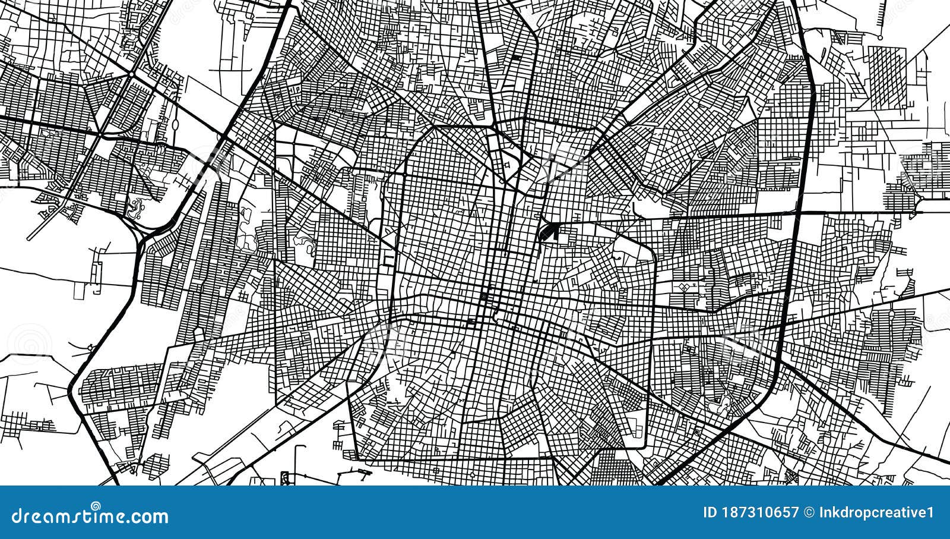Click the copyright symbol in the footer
point(809,512)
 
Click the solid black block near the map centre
point(547,232)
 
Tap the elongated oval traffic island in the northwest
point(176,125)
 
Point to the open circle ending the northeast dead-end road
point(881,37)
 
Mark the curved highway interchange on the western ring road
point(142,232)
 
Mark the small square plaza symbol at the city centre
point(484,297)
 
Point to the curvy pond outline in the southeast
point(726,404)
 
